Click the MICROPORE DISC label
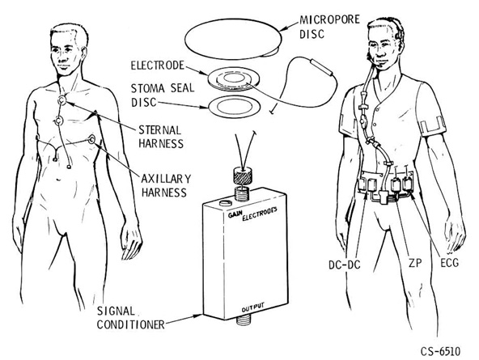pos(329,27)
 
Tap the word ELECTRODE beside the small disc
pos(158,66)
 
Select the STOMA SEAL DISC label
pos(163,95)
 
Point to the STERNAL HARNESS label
pos(161,137)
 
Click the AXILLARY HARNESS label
pos(166,185)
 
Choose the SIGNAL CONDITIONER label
pos(131,318)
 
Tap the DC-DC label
pos(345,265)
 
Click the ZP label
pos(415,263)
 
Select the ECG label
pos(449,263)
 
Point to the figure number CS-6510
pos(440,351)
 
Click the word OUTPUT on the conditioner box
pos(253,307)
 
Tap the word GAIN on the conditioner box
pos(235,214)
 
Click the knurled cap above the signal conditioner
pos(242,176)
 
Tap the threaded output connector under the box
pos(244,320)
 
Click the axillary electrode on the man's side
pos(91,140)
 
